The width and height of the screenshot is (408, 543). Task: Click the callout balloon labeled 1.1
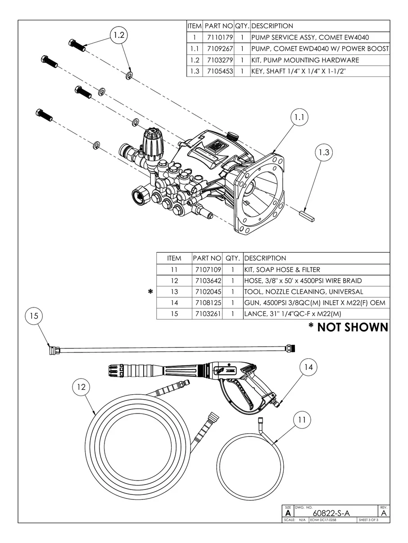coord(299,118)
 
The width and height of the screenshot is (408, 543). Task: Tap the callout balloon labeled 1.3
coord(324,152)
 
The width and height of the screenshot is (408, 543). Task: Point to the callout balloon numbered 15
coord(34,316)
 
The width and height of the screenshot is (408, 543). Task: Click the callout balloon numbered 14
coord(308,367)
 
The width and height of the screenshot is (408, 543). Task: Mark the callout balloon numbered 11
coord(302,419)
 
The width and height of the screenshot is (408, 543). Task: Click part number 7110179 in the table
coord(218,37)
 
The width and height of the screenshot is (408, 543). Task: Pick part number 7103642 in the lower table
coord(207,281)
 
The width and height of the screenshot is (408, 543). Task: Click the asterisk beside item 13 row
coord(150,292)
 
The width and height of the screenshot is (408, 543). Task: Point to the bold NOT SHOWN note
coord(348,327)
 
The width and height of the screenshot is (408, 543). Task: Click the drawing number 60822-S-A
coord(331,513)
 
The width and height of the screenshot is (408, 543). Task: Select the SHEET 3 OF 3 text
coord(368,520)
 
